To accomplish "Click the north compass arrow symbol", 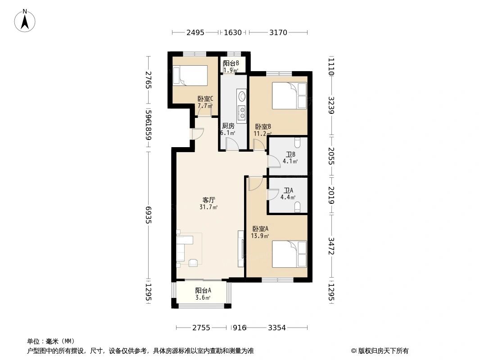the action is (x=25, y=21).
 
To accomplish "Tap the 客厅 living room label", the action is (x=208, y=200).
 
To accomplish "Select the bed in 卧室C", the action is (x=190, y=76).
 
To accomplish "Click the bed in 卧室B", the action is (x=289, y=95).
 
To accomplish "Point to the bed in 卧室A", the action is (x=289, y=254).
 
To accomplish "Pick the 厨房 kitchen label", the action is (x=228, y=126).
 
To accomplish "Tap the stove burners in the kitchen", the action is (x=242, y=112).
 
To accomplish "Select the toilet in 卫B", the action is (x=297, y=143).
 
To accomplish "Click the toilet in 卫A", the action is (x=297, y=208).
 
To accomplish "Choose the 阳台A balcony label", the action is (x=203, y=290).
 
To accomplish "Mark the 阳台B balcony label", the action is (x=231, y=63).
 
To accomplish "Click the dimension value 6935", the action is (x=149, y=215).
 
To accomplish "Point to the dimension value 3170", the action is (x=278, y=32).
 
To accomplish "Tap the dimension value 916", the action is (x=240, y=328).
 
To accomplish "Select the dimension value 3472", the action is (x=331, y=246).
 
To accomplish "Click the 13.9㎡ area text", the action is (x=260, y=236).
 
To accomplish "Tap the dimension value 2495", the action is (x=195, y=32).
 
